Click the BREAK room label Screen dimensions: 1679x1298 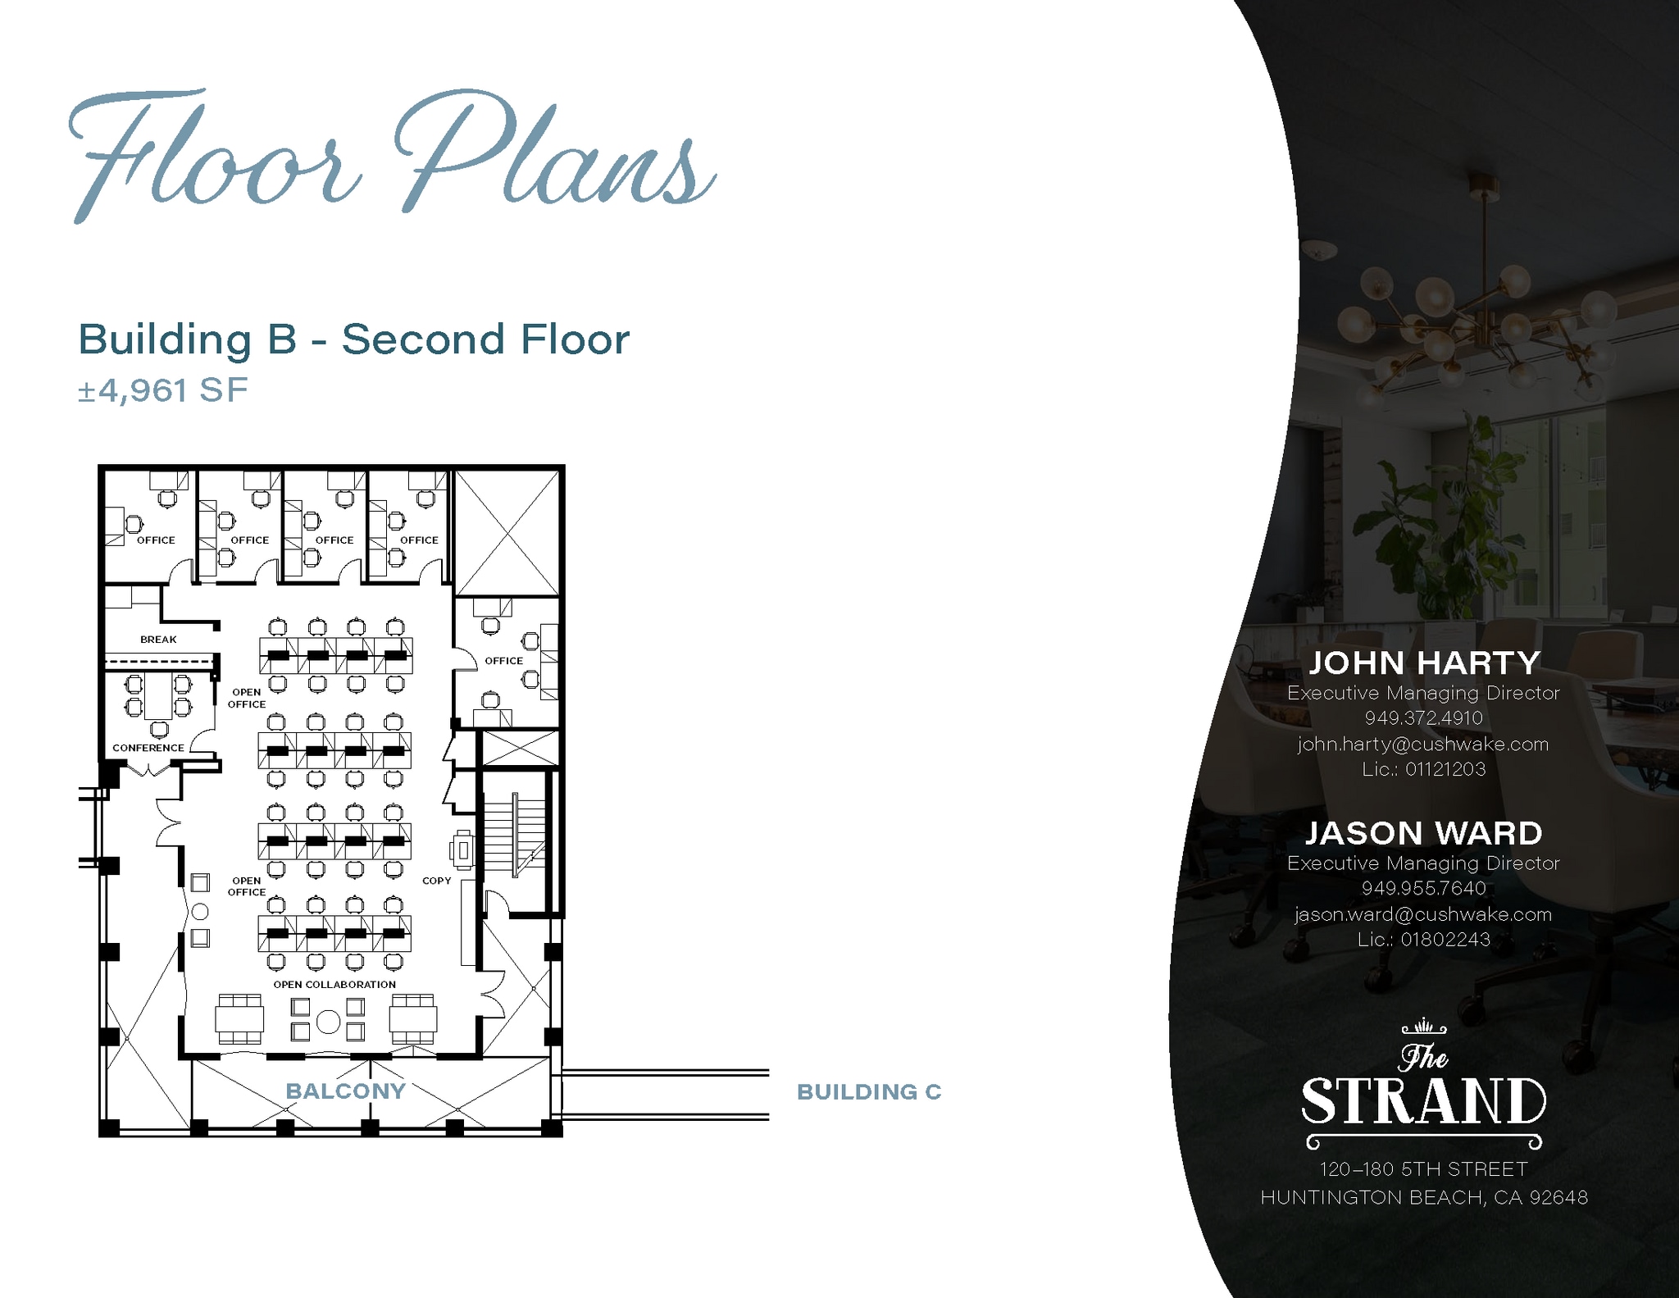coord(158,640)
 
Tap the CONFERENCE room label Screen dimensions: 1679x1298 coord(148,748)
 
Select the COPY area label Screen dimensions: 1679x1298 coord(437,881)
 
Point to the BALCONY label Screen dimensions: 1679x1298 coord(345,1091)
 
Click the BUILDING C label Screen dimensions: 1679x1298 coord(869,1092)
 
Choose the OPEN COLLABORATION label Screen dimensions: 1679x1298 coord(334,985)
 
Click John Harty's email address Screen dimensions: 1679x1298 coord(1423,745)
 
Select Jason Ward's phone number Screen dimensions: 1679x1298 coord(1423,888)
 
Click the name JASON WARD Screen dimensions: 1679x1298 coord(1423,833)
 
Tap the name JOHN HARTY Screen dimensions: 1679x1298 coord(1424,663)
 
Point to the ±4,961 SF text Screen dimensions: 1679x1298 coord(162,390)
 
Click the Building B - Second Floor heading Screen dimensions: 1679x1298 coord(353,339)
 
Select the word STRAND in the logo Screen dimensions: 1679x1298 coord(1423,1101)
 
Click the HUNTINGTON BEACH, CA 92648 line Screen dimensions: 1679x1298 coord(1424,1198)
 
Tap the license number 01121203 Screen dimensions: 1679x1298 coord(1445,769)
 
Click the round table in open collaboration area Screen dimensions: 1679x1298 coord(328,1022)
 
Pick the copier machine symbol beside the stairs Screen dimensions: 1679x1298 coord(462,850)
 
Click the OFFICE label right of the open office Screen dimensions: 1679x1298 coord(503,661)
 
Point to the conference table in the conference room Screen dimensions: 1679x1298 coord(159,696)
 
